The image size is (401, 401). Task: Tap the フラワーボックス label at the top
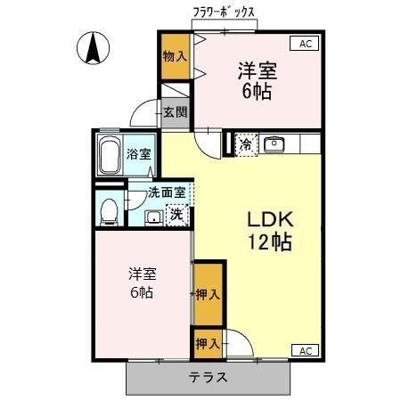tap(225, 12)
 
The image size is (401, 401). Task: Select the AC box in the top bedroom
tap(305, 43)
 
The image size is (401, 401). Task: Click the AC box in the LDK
tap(305, 349)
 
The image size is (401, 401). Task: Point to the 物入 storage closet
tap(174, 56)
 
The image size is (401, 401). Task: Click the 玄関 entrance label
tap(175, 112)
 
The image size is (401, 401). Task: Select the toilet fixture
tap(109, 211)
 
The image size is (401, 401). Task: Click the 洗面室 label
tap(167, 192)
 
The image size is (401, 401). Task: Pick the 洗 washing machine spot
tap(177, 214)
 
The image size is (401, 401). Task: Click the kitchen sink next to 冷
tap(273, 143)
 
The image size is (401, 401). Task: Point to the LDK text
tap(269, 219)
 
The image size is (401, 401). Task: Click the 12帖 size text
tap(269, 241)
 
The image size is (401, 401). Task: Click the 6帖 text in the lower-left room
tap(140, 292)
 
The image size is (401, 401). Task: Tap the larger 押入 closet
tap(207, 293)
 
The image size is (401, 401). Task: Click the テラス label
tap(208, 377)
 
